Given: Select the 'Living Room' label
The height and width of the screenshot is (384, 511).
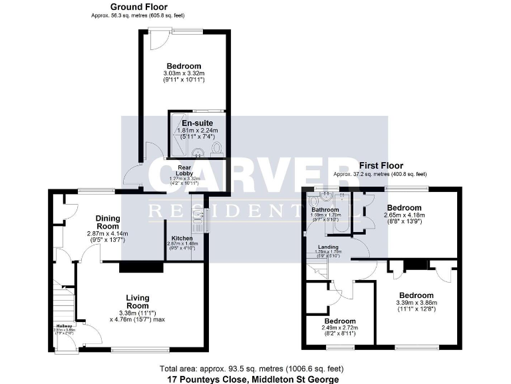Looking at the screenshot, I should [x=138, y=301].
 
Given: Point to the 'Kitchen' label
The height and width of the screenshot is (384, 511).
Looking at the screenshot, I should [x=182, y=238].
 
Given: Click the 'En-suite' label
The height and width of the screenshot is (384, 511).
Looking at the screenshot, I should [x=195, y=123].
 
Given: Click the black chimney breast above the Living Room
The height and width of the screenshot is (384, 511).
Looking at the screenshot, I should [x=140, y=267].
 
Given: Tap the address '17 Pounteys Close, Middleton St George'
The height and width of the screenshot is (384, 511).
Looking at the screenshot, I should [x=252, y=379].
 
